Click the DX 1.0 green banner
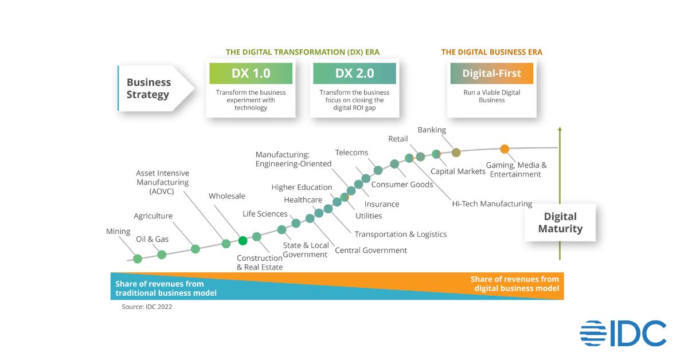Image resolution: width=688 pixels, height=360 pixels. pos(251,74)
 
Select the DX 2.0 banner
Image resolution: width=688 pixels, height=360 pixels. pos(354,74)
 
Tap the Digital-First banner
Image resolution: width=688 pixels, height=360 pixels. pos(491,74)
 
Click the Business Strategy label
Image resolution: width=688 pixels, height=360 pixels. pos(148,88)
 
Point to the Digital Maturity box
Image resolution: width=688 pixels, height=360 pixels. pos(560,222)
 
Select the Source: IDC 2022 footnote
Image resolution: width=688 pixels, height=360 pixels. pos(147,307)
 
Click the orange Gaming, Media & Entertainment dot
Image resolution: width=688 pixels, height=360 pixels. pos(505,149)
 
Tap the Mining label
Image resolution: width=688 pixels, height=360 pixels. pos(118,232)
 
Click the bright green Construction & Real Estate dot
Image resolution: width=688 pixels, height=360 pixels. pos(243,241)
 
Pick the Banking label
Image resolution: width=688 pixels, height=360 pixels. pos(432,130)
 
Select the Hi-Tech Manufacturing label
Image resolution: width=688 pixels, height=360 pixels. pos(492,204)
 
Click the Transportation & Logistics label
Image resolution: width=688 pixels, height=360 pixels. pos(400,234)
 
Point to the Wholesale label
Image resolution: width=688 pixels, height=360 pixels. pos(226,196)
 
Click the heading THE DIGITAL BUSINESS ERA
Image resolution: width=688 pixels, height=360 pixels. pos(491,52)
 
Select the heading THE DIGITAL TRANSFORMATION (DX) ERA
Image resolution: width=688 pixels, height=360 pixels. pos(303,52)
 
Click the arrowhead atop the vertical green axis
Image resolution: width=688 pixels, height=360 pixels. pos(560,130)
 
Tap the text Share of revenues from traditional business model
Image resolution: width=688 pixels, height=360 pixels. pos(166,288)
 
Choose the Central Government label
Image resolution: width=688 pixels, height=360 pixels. pos(371,250)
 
